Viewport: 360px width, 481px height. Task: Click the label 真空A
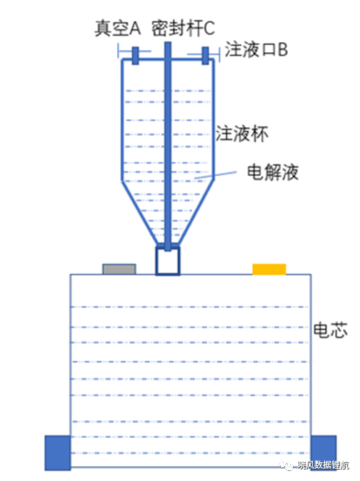(117, 28)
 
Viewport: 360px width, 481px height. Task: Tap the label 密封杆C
(183, 28)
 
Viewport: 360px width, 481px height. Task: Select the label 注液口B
(256, 49)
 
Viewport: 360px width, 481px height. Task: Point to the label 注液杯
(241, 134)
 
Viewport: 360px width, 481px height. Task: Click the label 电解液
(273, 172)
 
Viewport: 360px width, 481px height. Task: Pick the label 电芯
(330, 329)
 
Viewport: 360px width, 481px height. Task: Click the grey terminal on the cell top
(119, 269)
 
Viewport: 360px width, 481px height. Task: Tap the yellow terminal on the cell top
(269, 269)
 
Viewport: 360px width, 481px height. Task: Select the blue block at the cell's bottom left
(58, 452)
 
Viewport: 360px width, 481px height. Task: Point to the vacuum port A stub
(135, 56)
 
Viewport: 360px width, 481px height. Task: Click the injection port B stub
(205, 56)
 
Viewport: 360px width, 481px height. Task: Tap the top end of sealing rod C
(168, 43)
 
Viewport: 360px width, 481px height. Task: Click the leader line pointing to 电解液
(216, 175)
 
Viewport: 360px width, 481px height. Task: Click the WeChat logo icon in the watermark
(286, 465)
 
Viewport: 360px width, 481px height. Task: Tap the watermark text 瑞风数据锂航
(323, 465)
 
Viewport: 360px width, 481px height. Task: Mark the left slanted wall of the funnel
(141, 213)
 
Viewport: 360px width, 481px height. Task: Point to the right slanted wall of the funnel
(195, 213)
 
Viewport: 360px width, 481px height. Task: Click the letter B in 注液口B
(283, 50)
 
